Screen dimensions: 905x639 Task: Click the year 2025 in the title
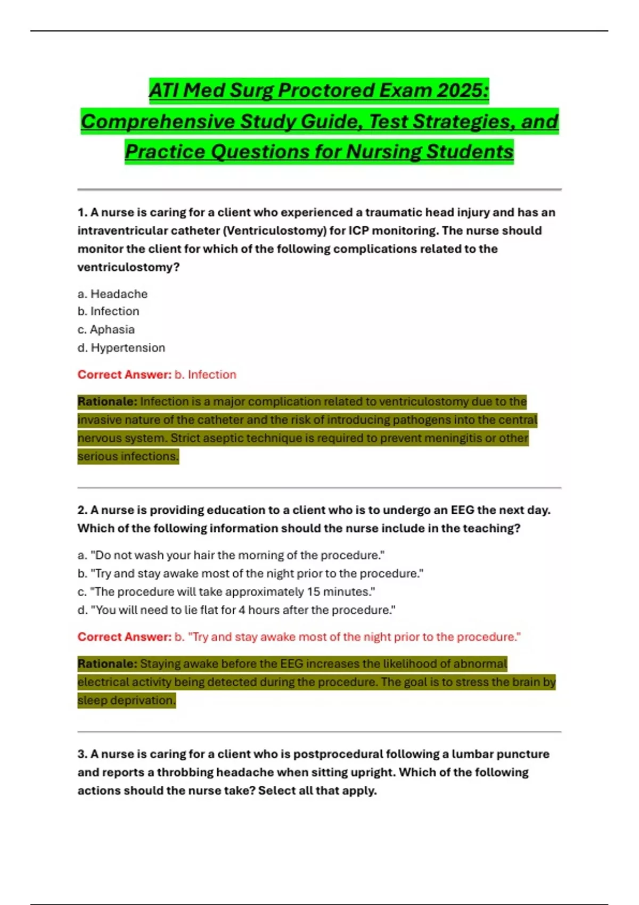(x=461, y=90)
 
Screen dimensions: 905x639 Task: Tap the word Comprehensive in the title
(x=157, y=121)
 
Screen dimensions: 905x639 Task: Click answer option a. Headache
(x=112, y=294)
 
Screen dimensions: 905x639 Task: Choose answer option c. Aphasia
(x=106, y=330)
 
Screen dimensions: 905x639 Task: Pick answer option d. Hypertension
(x=121, y=348)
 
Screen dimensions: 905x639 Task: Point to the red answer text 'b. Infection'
(x=206, y=375)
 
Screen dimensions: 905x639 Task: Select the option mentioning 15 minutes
(x=226, y=592)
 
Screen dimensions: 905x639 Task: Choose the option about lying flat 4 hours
(x=236, y=610)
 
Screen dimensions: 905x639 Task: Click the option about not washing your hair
(x=231, y=555)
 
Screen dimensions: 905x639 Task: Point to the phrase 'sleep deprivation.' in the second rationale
(x=126, y=701)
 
